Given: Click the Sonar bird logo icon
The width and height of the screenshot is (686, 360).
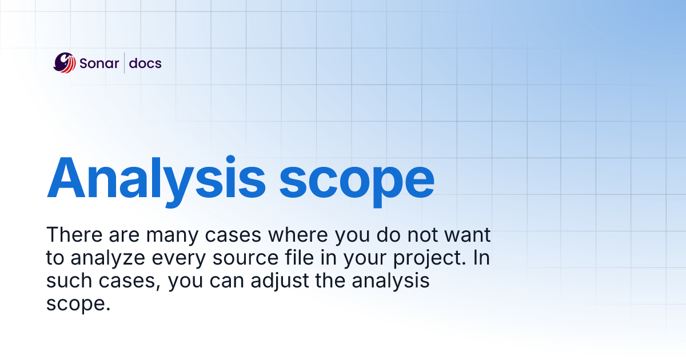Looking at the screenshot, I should coord(65,63).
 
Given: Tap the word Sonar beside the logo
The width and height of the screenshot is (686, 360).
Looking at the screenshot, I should coord(99,63).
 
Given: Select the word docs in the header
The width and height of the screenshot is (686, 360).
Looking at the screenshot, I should coord(145,63).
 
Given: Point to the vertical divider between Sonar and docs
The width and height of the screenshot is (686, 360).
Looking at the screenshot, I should coord(125,63).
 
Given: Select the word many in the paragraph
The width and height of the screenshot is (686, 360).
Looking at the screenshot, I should coord(170,236).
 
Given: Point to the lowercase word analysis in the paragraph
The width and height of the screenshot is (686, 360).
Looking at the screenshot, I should coord(393,282).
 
